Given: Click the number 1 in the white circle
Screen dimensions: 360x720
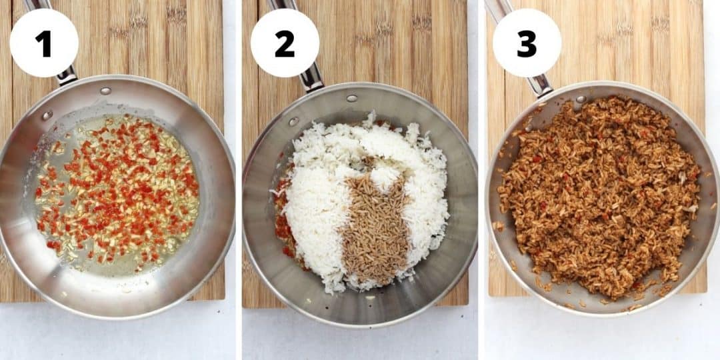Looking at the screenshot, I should [43, 44].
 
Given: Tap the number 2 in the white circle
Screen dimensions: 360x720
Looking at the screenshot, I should [285, 44].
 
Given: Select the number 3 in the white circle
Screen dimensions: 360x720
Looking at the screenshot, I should [527, 44].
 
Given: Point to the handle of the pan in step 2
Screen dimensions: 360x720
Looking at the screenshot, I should [311, 77].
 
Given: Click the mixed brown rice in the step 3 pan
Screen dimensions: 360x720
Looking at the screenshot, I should [600, 200].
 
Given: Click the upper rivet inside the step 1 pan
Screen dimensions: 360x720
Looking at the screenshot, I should [105, 91].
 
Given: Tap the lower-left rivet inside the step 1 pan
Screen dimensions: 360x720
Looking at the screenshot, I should [47, 115].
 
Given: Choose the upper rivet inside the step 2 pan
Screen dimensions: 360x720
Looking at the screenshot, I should [351, 98].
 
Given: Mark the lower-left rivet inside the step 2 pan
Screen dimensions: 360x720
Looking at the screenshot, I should [293, 121].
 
